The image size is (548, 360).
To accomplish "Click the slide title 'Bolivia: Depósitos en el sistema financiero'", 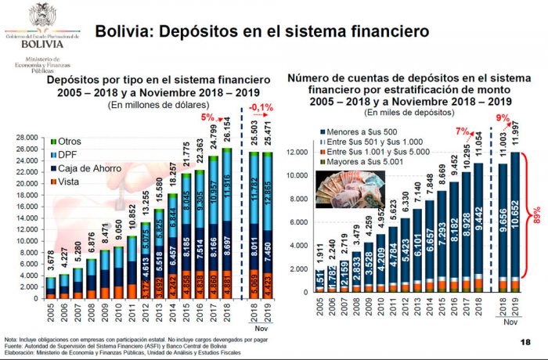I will (x=261, y=32).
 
